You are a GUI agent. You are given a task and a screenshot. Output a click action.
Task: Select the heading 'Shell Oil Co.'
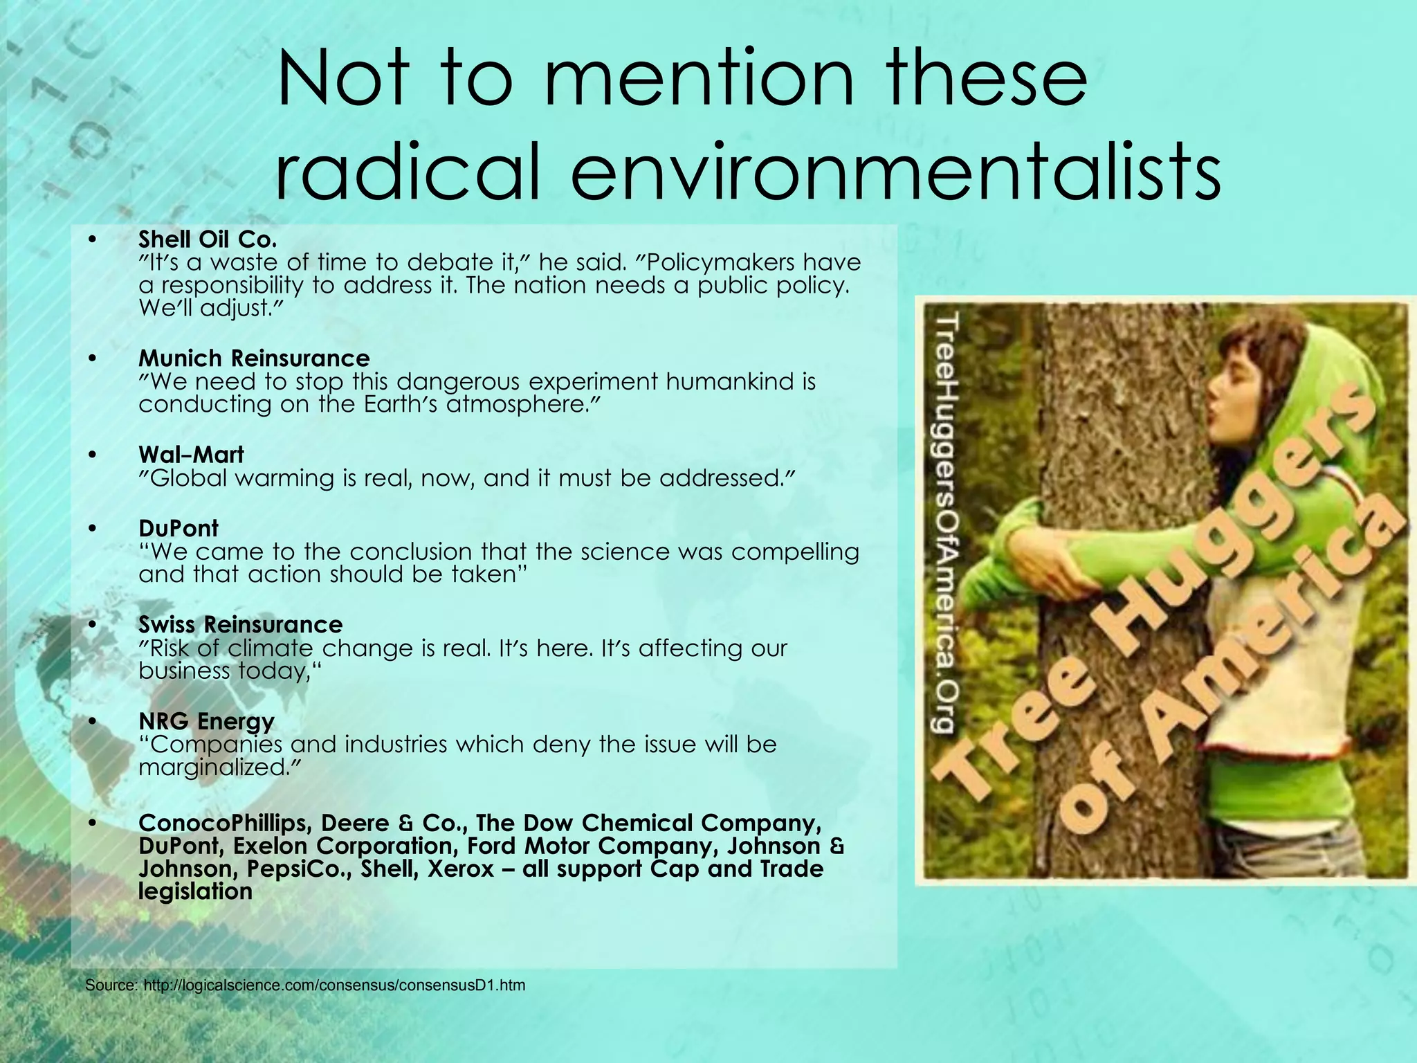coord(208,239)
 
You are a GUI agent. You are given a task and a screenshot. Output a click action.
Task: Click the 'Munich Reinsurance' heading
coord(254,358)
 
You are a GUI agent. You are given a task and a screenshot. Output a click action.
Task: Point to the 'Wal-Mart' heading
coord(191,455)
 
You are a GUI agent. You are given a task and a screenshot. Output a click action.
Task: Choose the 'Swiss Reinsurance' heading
coord(240,624)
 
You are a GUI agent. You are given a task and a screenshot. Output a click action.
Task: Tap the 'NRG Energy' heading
coord(206,721)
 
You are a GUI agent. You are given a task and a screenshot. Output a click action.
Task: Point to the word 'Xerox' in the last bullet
coord(461,869)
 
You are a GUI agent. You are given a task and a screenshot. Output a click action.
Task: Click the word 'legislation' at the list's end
coord(195,891)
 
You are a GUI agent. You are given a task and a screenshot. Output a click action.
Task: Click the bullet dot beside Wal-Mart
coord(93,455)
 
